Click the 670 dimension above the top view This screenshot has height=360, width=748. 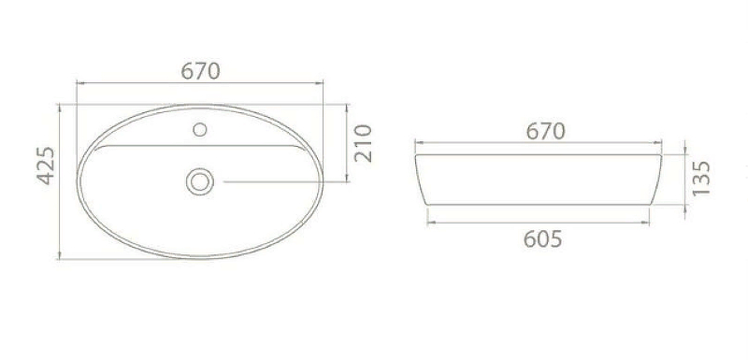tap(200, 71)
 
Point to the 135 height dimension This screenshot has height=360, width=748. tap(703, 177)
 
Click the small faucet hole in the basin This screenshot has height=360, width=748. tap(200, 130)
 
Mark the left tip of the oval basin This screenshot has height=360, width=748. tap(79, 180)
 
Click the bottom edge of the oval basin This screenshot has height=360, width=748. tap(200, 256)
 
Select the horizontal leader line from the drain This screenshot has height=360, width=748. tap(280, 180)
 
